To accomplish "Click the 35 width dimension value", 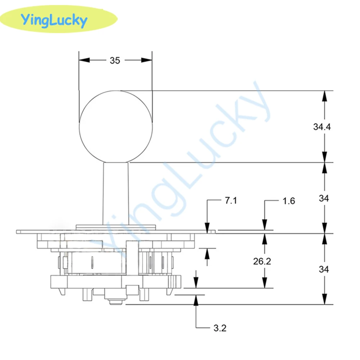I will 115,60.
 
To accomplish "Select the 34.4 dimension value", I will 322,126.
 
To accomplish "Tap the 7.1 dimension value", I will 230,201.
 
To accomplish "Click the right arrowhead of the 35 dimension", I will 147,60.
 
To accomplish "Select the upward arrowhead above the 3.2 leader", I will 196,300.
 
